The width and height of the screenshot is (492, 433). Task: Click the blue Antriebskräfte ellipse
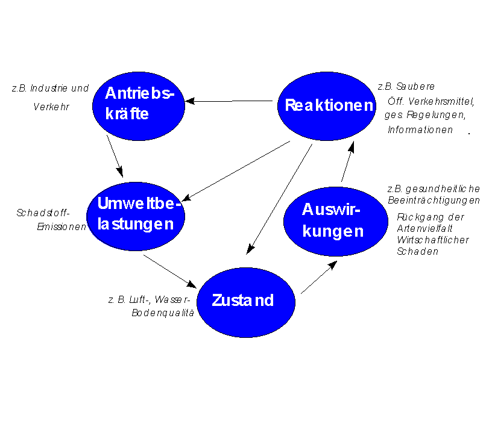[139, 106]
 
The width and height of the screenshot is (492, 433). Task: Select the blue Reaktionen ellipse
[327, 106]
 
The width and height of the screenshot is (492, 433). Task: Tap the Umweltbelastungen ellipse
[136, 216]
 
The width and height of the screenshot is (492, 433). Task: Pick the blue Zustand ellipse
[246, 302]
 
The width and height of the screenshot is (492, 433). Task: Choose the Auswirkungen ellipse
[336, 222]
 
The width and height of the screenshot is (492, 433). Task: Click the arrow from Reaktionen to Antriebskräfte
[229, 101]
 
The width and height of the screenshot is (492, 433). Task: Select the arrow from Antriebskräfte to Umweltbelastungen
[115, 156]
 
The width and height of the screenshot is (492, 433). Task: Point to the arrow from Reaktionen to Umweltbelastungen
[236, 171]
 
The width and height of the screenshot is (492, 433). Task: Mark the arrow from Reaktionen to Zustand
[279, 199]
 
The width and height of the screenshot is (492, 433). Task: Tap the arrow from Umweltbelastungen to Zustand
[170, 272]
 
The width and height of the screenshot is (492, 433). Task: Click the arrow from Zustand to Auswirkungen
[319, 277]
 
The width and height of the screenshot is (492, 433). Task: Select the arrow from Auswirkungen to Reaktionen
[348, 161]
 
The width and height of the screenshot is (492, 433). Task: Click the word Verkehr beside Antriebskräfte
[51, 107]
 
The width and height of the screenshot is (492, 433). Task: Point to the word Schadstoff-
[43, 213]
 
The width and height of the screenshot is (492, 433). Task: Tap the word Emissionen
[61, 226]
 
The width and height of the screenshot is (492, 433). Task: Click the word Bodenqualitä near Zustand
[163, 313]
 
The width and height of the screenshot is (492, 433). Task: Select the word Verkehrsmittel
[441, 102]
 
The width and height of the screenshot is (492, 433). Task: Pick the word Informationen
[420, 129]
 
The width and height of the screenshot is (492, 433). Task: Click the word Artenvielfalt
[424, 228]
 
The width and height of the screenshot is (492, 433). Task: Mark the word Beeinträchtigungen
[434, 200]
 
